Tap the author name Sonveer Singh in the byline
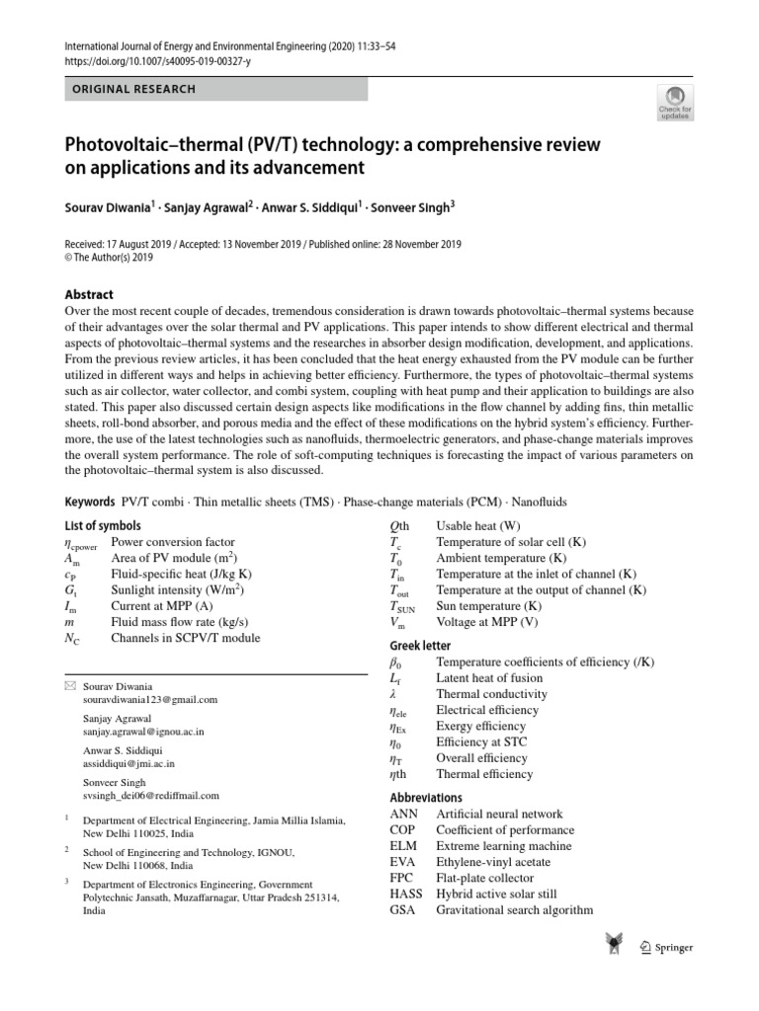(410, 208)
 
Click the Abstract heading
(89, 294)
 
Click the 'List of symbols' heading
(103, 526)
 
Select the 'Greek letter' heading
(422, 646)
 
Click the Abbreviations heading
(427, 797)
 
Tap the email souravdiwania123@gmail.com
(151, 699)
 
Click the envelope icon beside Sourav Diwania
(69, 685)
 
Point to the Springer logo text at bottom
(674, 948)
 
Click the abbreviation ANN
(405, 814)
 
